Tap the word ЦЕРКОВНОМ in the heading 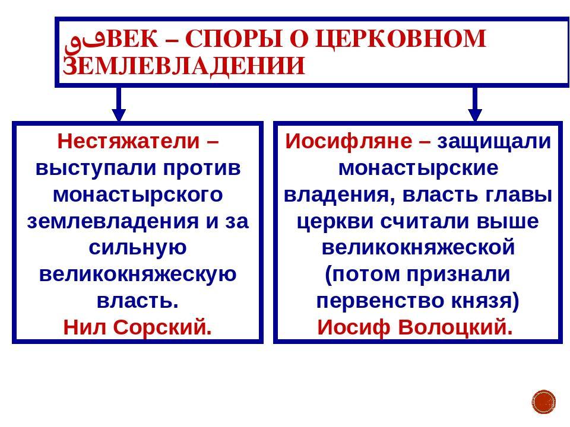401,39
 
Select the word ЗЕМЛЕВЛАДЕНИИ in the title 183,66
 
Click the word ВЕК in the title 132,38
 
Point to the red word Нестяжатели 129,141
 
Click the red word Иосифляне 349,141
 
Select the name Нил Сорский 137,327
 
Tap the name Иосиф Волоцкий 415,327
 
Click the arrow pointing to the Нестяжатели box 119,104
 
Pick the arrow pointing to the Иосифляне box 475,104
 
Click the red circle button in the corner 544,402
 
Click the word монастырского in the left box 138,195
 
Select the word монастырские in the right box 419,168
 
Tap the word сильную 138,248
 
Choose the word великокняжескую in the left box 138,275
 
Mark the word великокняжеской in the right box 419,248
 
